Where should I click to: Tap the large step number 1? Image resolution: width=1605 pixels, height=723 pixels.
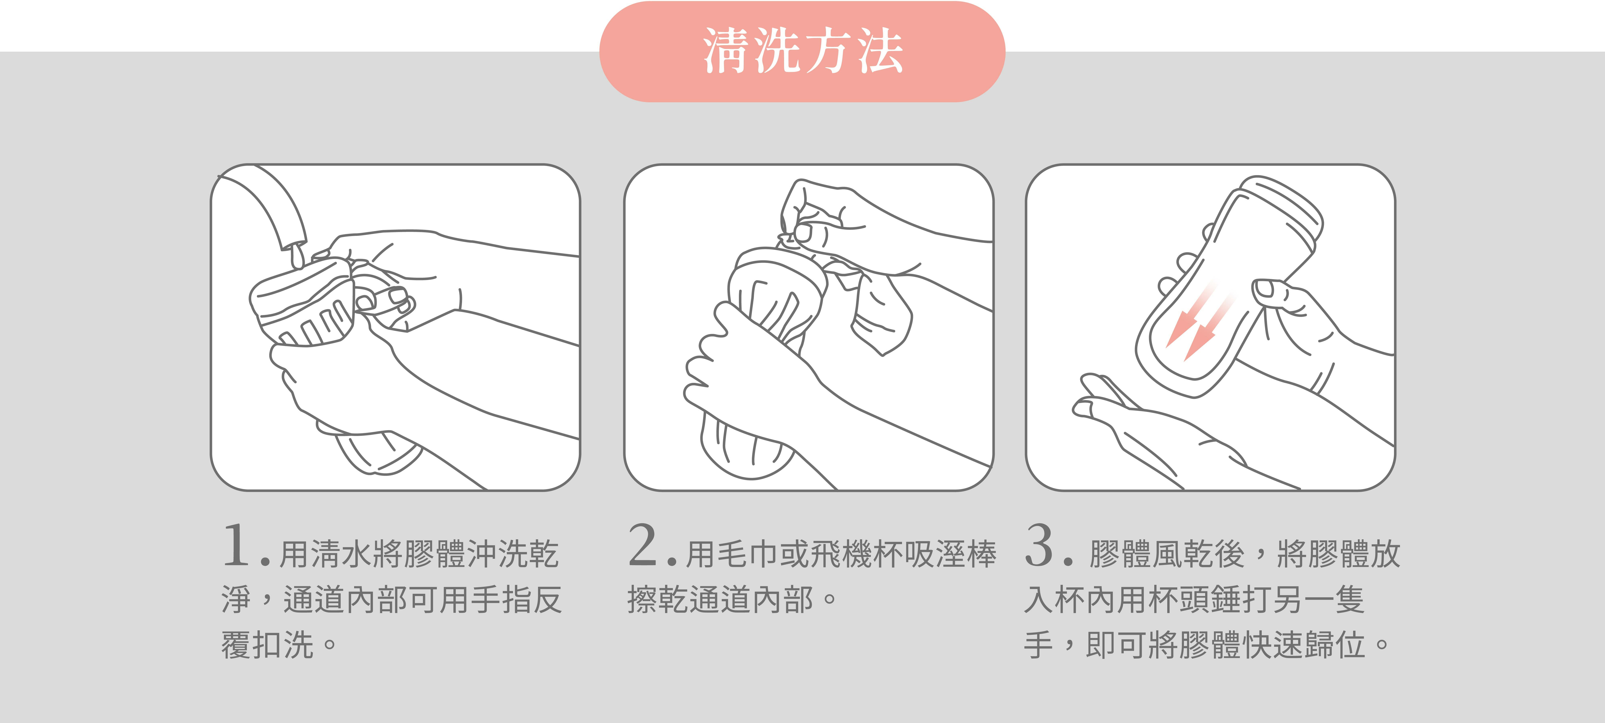[x=237, y=546]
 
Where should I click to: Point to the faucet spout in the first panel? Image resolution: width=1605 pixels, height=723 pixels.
[x=268, y=206]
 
